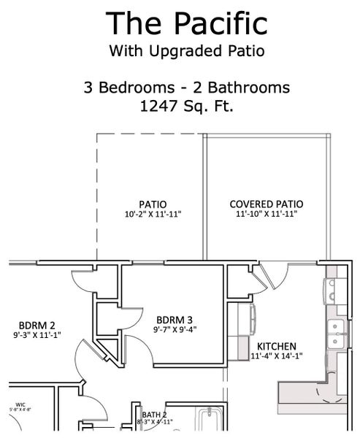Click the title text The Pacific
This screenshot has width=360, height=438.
click(186, 23)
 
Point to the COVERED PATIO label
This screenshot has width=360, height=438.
click(267, 204)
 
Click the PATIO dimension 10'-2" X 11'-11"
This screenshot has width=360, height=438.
click(152, 215)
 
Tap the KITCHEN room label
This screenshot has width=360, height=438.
click(276, 346)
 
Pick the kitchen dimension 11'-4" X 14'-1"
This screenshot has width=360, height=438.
click(276, 356)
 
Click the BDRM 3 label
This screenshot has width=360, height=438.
click(175, 319)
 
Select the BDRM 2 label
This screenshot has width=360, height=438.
click(37, 326)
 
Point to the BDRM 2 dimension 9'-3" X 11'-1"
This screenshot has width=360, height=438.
click(37, 336)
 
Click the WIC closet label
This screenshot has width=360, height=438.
click(20, 404)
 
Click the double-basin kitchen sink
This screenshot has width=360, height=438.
click(337, 334)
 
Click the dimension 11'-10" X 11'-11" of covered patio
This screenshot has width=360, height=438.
click(267, 215)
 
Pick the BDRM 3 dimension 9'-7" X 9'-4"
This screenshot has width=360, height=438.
click(175, 329)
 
